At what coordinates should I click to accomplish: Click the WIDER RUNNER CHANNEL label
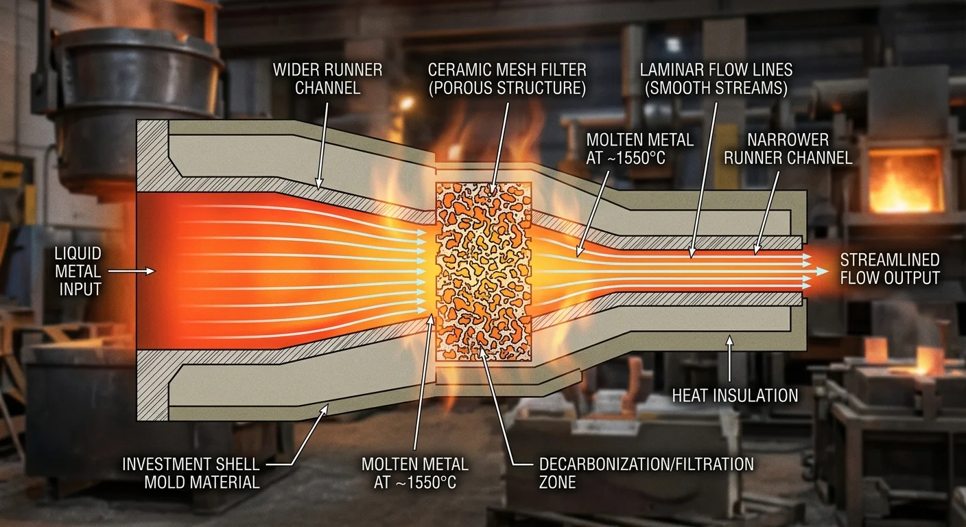pos(327,79)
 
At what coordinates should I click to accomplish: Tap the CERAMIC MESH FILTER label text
pos(506,79)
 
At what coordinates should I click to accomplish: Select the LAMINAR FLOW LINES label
pos(716,79)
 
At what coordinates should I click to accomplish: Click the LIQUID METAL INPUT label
pos(78,271)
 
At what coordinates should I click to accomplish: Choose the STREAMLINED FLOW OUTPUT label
pos(889,268)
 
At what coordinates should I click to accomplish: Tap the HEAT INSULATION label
pos(735,395)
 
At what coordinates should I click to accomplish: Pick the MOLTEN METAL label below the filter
pos(415,473)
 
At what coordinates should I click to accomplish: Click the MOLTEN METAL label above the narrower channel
pos(639,148)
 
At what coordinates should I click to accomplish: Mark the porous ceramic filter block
pos(484,271)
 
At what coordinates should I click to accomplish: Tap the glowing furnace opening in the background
pos(905,181)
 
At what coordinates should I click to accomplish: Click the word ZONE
pos(557,482)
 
